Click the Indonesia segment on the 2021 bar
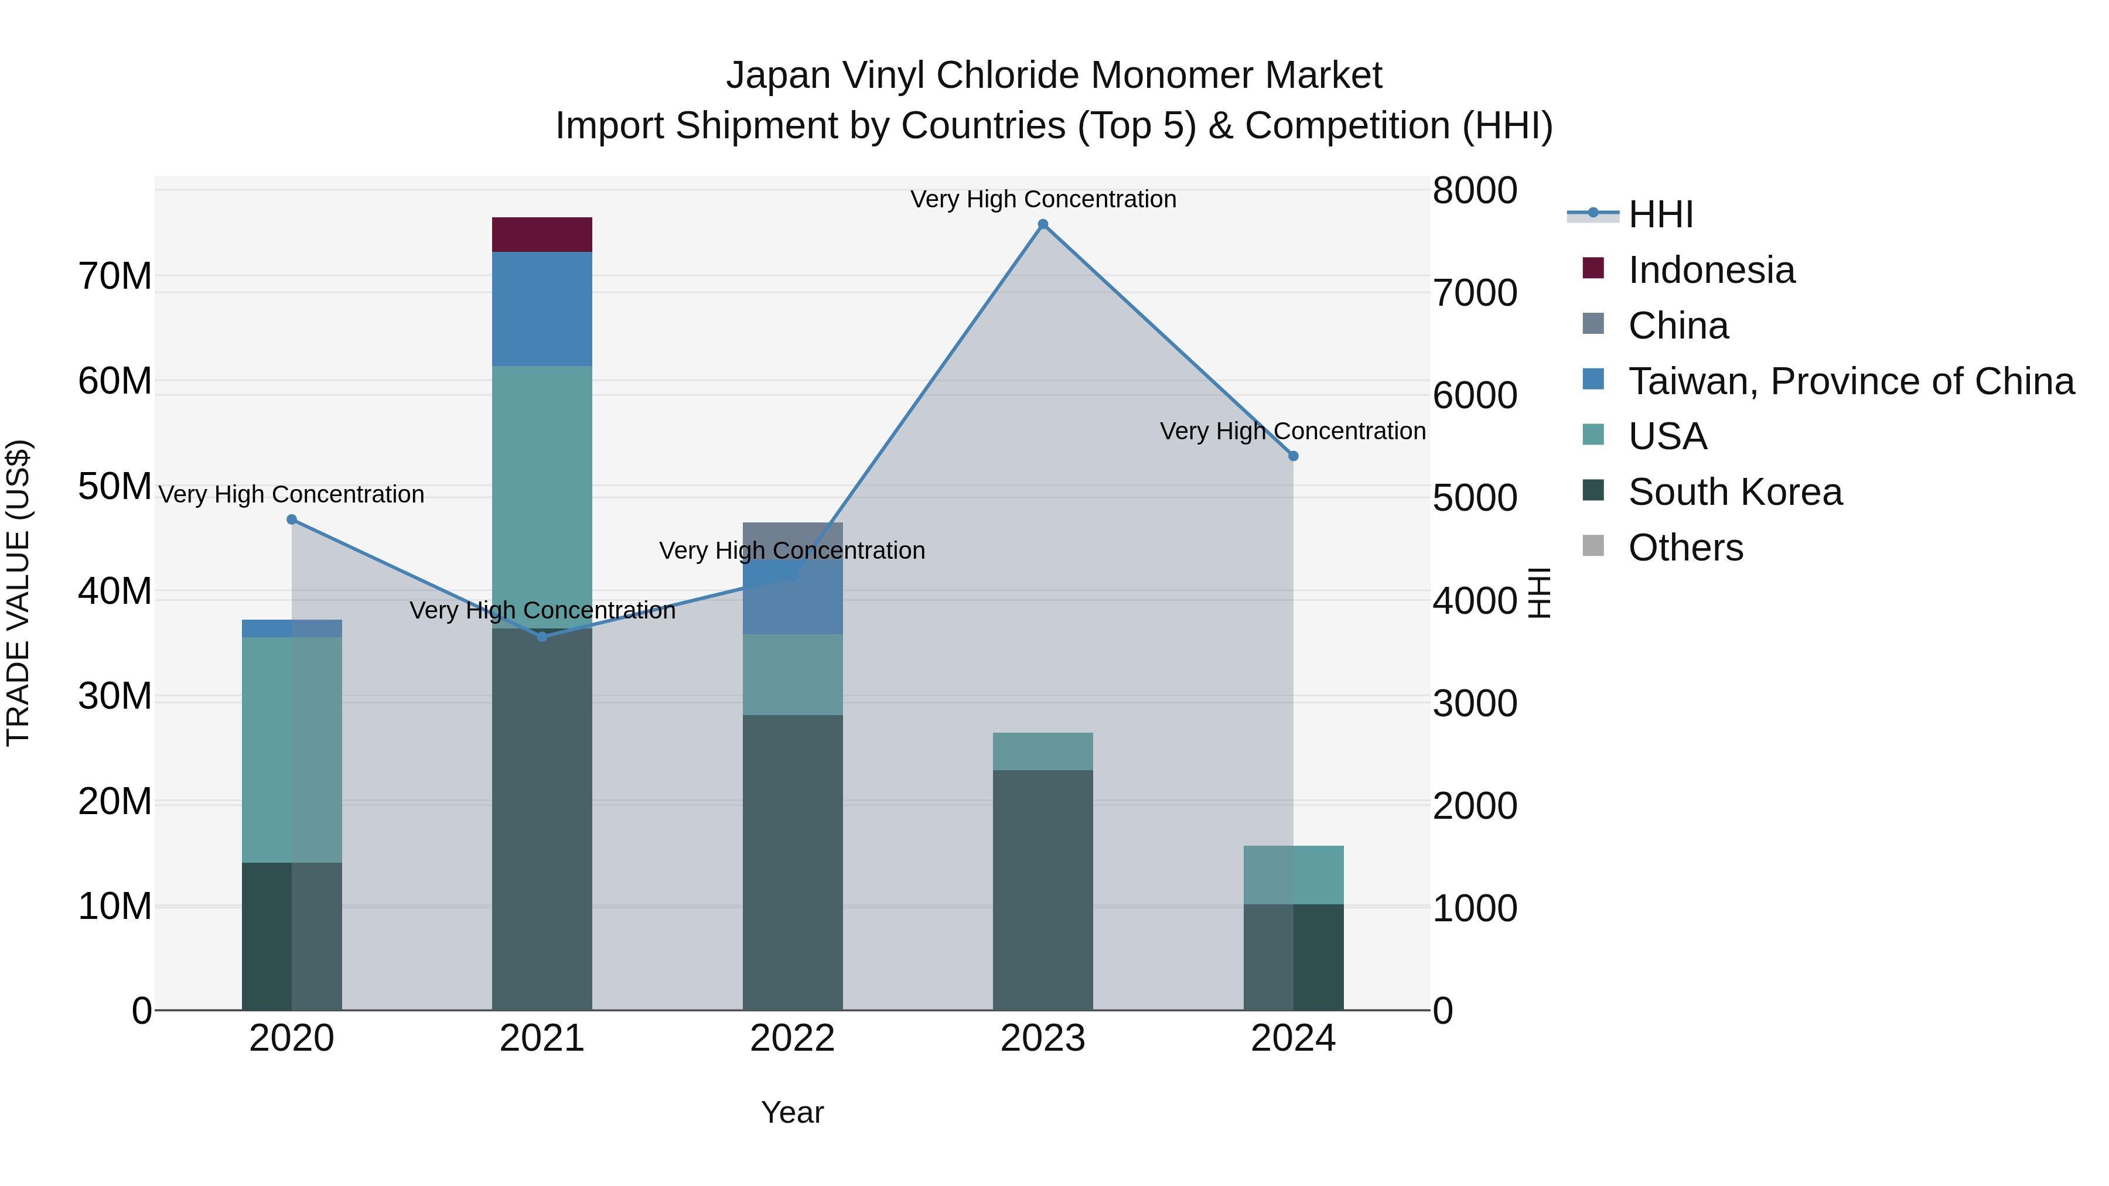(x=541, y=235)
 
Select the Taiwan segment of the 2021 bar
(x=541, y=309)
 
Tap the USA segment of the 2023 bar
(x=1042, y=751)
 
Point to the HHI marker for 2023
(x=1042, y=224)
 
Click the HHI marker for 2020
(x=292, y=519)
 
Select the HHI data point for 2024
(x=1293, y=456)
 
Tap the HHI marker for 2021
(x=541, y=636)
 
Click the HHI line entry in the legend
(x=1660, y=214)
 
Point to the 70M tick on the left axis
(x=115, y=276)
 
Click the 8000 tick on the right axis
(x=1475, y=191)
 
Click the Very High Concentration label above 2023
(x=1042, y=199)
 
